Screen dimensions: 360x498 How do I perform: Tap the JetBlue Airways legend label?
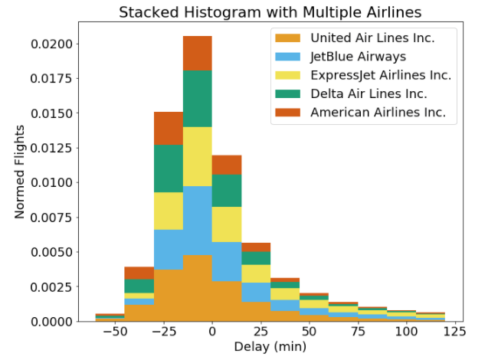(x=358, y=57)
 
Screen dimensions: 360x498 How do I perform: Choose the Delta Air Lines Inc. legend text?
(x=368, y=93)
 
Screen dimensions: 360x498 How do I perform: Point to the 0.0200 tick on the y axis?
(x=51, y=44)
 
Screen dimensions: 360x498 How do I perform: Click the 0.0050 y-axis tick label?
(x=51, y=252)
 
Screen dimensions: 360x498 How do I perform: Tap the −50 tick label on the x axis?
(x=114, y=333)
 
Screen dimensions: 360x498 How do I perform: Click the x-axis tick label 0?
(x=212, y=333)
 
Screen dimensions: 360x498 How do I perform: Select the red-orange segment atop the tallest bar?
(x=197, y=53)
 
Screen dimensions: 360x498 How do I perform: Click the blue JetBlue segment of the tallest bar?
(x=197, y=221)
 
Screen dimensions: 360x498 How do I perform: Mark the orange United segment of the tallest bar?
(x=197, y=288)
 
